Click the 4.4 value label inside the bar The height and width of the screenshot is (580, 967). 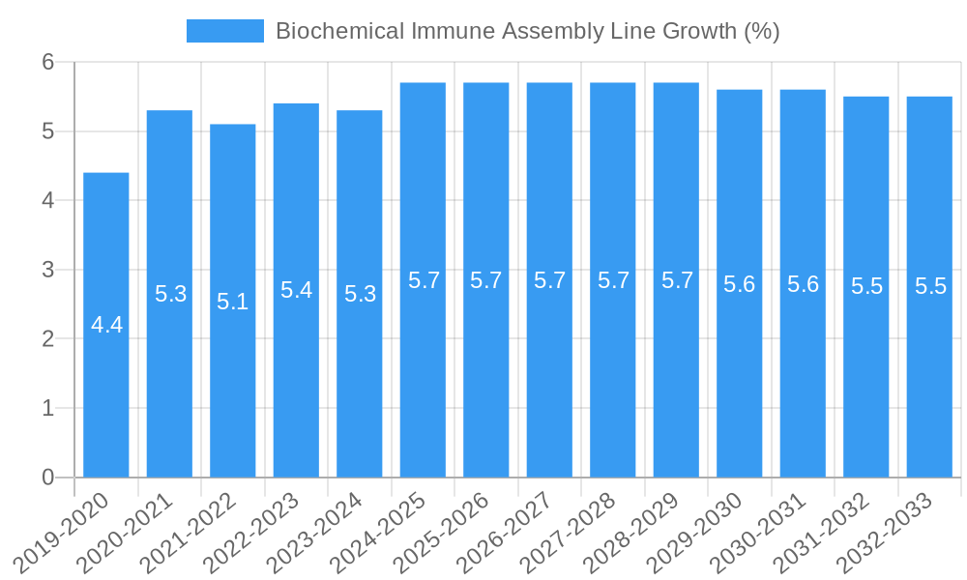tap(106, 325)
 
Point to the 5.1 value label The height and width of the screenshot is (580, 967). tap(233, 301)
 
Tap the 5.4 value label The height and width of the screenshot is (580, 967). tap(296, 290)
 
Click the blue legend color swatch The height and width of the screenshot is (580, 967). tap(224, 31)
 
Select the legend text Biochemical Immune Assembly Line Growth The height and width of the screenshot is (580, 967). tap(527, 31)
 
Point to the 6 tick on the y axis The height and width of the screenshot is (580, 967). tap(48, 62)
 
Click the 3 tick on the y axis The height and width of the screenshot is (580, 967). tap(48, 270)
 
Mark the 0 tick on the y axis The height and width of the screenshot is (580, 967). tap(48, 478)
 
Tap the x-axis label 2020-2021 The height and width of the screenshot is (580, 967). tap(127, 531)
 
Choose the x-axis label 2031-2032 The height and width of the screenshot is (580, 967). tap(823, 531)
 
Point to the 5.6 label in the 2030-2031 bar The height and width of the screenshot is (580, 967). tap(803, 284)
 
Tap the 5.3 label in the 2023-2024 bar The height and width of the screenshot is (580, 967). tap(360, 294)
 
